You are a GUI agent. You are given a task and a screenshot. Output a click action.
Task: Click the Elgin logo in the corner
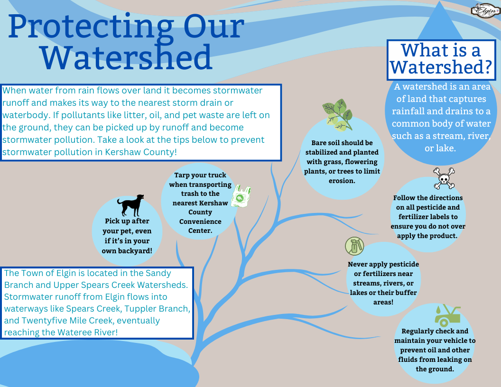click(485, 10)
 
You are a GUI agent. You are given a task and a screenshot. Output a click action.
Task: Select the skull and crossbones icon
click(444, 178)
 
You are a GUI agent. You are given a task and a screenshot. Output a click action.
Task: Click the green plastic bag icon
click(241, 196)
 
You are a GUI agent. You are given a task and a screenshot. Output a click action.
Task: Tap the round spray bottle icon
click(355, 246)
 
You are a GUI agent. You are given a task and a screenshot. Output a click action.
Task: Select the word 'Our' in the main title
click(213, 26)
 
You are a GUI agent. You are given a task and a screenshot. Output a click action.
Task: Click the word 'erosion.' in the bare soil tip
click(342, 181)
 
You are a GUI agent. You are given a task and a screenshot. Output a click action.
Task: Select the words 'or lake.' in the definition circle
click(440, 148)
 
